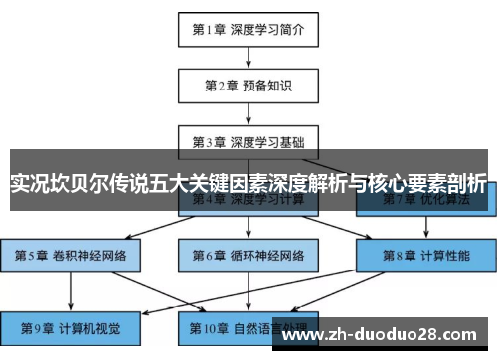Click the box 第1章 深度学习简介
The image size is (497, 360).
[248, 30]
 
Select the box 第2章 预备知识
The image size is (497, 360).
[248, 86]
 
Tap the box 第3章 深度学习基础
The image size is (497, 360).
[248, 141]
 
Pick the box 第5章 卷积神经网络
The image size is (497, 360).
[71, 255]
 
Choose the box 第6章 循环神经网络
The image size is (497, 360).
[248, 255]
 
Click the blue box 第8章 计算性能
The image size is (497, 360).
[425, 255]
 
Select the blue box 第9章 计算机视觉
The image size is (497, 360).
[71, 326]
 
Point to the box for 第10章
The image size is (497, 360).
[248, 326]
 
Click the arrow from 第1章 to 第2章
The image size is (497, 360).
[248, 58]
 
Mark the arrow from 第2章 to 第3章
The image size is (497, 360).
[248, 113]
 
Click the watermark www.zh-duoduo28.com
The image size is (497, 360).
[384, 329]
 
